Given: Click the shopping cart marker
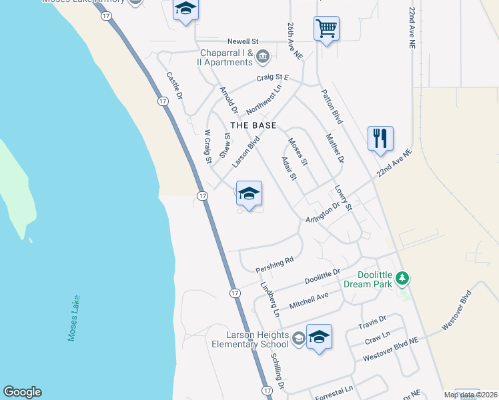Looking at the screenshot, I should pyautogui.click(x=326, y=29).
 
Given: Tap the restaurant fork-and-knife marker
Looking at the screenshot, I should pyautogui.click(x=380, y=139).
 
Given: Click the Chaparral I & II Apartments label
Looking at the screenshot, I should pyautogui.click(x=226, y=58).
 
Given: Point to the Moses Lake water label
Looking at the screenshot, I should pyautogui.click(x=73, y=319).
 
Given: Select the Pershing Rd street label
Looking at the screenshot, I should pyautogui.click(x=275, y=265).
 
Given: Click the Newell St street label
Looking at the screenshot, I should pyautogui.click(x=246, y=41).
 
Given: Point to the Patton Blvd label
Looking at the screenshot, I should pyautogui.click(x=332, y=107).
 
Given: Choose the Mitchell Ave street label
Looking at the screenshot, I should pyautogui.click(x=309, y=301).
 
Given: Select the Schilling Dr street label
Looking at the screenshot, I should pyautogui.click(x=278, y=371).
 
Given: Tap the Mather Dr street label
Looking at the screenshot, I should pyautogui.click(x=335, y=149).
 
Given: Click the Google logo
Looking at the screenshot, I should pyautogui.click(x=22, y=392).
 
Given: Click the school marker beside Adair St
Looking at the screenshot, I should pyautogui.click(x=249, y=194).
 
